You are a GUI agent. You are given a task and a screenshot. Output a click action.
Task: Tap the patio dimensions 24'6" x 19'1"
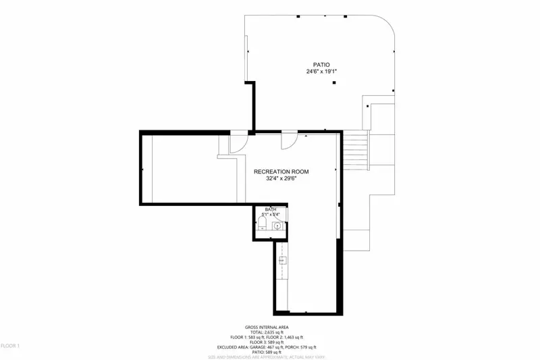pyautogui.click(x=321, y=71)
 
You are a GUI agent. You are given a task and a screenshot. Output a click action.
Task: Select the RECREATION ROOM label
pyautogui.click(x=281, y=172)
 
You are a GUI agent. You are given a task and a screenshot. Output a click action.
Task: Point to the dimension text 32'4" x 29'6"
pyautogui.click(x=281, y=179)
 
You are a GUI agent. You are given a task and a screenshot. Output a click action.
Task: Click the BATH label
pyautogui.click(x=270, y=210)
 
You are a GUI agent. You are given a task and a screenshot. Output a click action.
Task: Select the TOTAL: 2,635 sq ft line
pyautogui.click(x=270, y=332)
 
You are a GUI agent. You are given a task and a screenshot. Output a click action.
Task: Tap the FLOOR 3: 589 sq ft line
pyautogui.click(x=270, y=342)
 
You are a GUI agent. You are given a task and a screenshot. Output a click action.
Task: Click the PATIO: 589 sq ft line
pyautogui.click(x=270, y=353)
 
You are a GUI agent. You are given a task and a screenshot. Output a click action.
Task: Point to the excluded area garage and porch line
pyautogui.click(x=270, y=348)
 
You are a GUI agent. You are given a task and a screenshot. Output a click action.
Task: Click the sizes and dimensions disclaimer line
pyautogui.click(x=270, y=358)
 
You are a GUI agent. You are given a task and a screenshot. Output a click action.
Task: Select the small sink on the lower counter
pyautogui.click(x=282, y=259)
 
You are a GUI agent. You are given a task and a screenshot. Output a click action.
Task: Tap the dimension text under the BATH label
pyautogui.click(x=270, y=215)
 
